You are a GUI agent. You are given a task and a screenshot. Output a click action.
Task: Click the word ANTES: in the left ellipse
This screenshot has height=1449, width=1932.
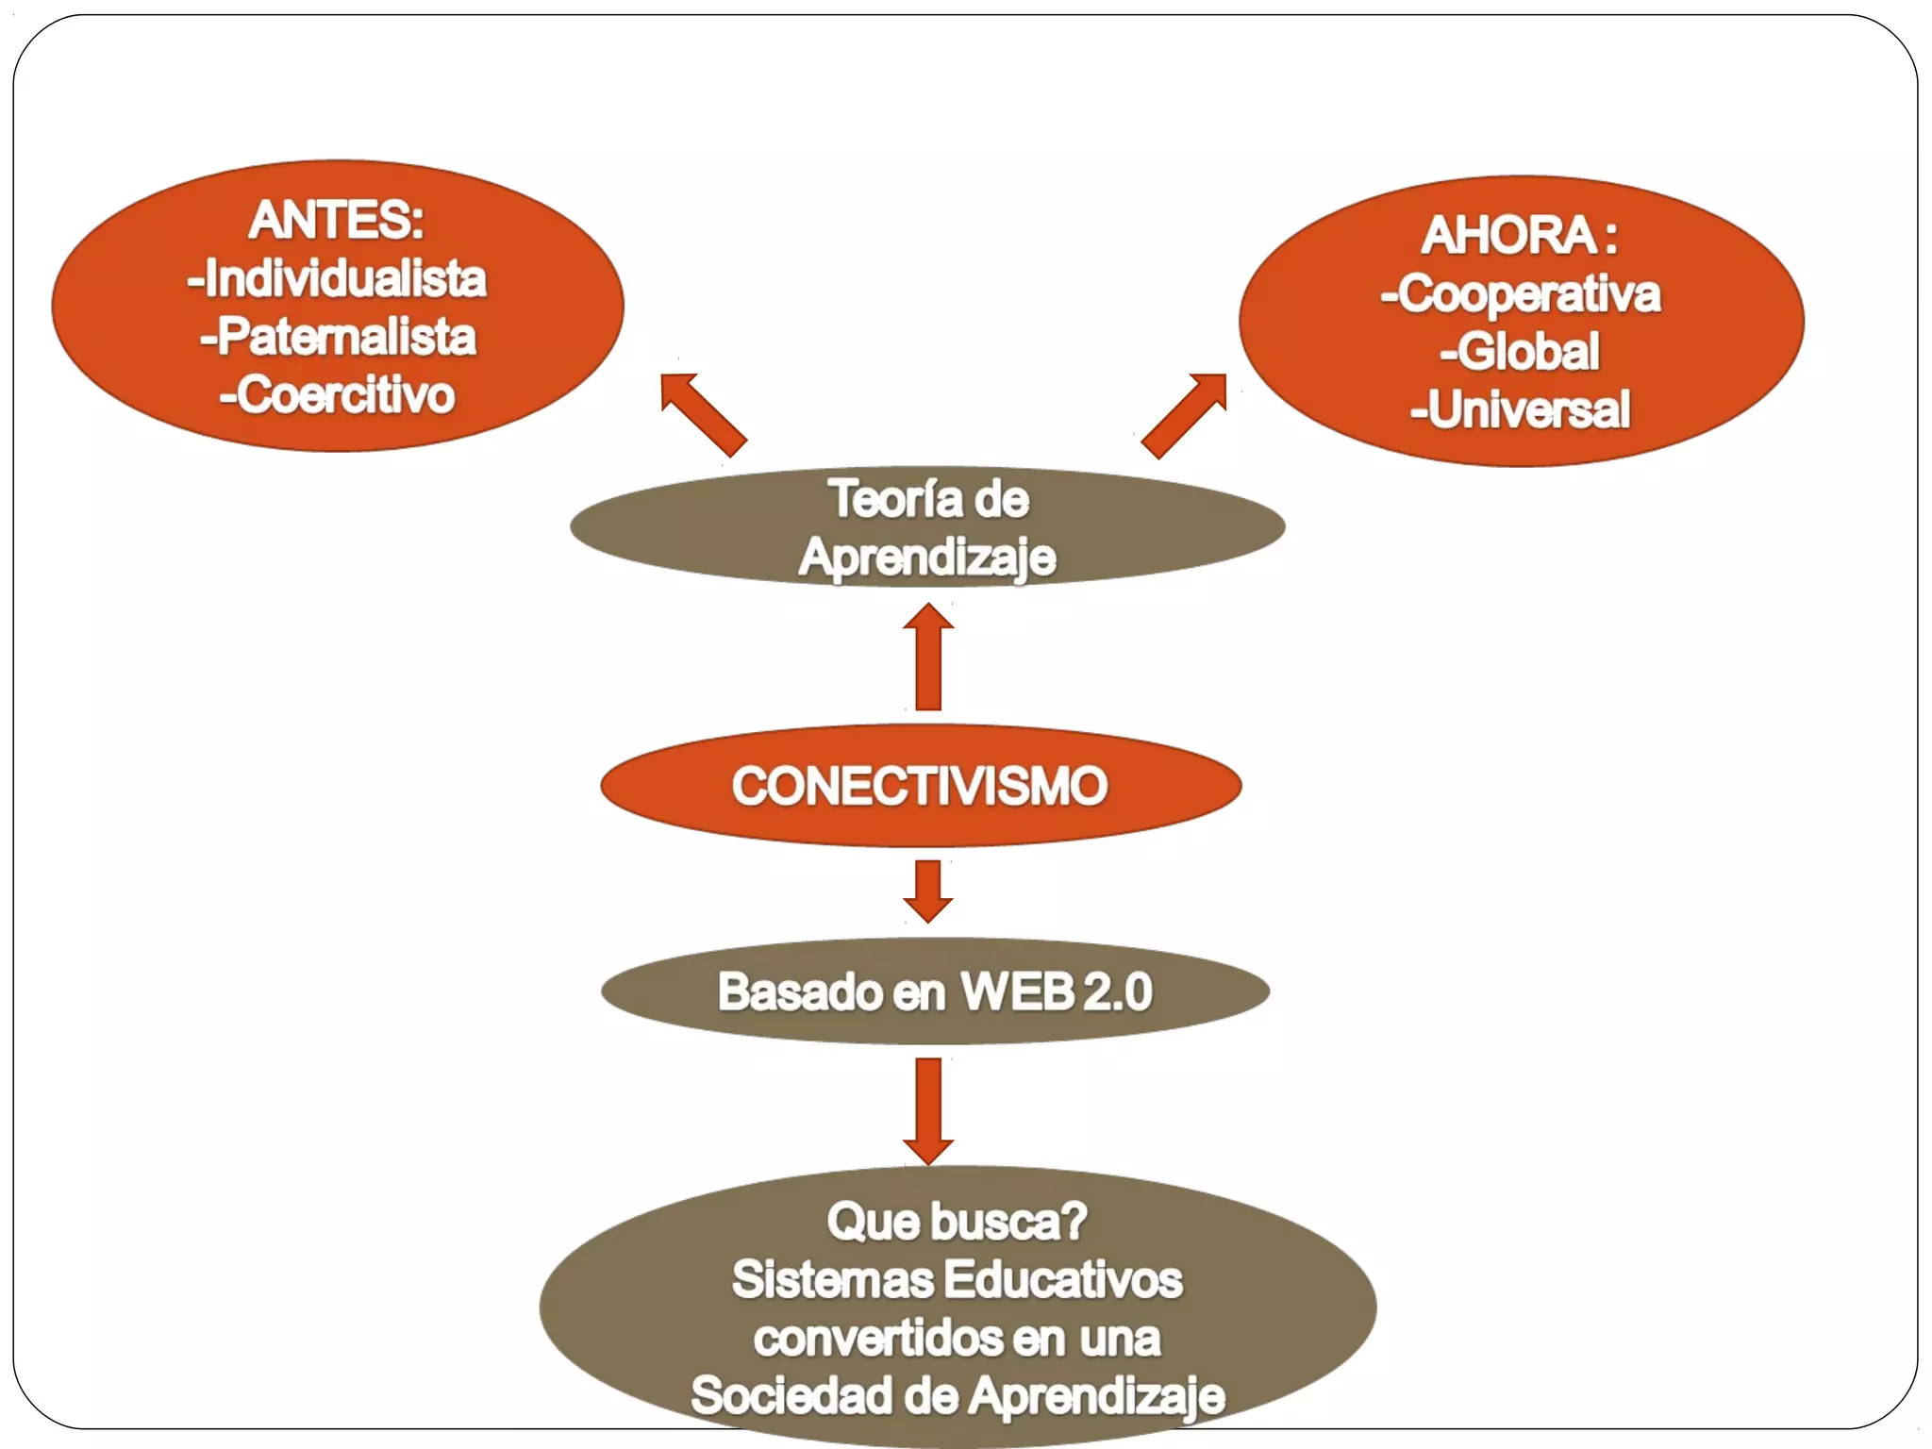pyautogui.click(x=337, y=220)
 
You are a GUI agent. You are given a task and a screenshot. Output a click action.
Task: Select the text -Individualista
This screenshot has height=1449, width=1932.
pyautogui.click(x=337, y=279)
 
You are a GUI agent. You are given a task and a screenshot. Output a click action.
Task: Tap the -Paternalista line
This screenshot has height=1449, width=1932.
pyautogui.click(x=338, y=337)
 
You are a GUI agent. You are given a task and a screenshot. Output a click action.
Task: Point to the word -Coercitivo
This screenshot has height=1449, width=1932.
pyautogui.click(x=337, y=394)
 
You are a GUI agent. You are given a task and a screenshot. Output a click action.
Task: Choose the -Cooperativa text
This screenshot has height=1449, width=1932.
pyautogui.click(x=1520, y=293)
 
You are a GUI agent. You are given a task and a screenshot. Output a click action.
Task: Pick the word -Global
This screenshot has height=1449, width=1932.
pyautogui.click(x=1520, y=352)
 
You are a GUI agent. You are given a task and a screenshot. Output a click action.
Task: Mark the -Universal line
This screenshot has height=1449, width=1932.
pyautogui.click(x=1520, y=409)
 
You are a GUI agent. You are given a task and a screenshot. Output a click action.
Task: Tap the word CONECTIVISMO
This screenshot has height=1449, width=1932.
pyautogui.click(x=920, y=786)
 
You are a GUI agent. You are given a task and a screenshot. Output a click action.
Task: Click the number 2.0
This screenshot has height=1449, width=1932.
pyautogui.click(x=1118, y=991)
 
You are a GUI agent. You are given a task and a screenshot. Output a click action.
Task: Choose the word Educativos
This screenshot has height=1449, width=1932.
pyautogui.click(x=1063, y=1280)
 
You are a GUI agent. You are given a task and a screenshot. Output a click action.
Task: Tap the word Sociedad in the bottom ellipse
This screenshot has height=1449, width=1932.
pyautogui.click(x=791, y=1396)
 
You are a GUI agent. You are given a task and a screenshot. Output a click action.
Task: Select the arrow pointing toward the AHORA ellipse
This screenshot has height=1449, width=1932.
pyautogui.click(x=1185, y=415)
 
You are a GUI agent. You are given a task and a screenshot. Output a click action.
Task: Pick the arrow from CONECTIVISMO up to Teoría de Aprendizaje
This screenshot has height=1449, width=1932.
pyautogui.click(x=928, y=657)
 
